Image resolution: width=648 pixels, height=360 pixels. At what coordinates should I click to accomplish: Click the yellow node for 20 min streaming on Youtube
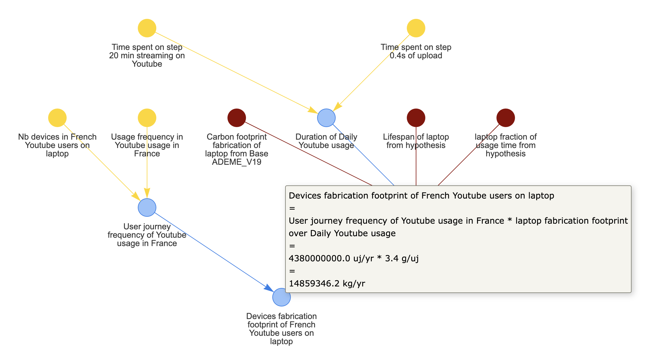pyautogui.click(x=147, y=28)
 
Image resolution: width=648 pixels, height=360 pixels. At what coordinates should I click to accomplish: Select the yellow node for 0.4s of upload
pyautogui.click(x=416, y=28)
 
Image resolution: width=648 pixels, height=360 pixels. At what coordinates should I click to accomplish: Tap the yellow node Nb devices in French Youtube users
pyautogui.click(x=57, y=118)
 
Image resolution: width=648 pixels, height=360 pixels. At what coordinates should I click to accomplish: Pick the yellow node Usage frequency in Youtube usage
pyautogui.click(x=147, y=118)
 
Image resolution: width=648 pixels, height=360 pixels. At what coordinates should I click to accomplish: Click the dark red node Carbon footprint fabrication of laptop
pyautogui.click(x=236, y=118)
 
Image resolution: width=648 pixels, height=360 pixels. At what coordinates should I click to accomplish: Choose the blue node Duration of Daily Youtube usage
pyautogui.click(x=326, y=118)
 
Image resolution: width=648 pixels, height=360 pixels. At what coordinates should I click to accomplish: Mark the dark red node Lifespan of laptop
pyautogui.click(x=416, y=118)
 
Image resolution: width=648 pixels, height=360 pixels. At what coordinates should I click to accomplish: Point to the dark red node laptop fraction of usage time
pyautogui.click(x=505, y=118)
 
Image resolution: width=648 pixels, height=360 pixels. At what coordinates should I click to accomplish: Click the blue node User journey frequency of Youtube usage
pyautogui.click(x=147, y=208)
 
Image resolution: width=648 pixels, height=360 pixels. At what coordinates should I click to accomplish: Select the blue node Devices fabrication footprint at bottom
pyautogui.click(x=281, y=297)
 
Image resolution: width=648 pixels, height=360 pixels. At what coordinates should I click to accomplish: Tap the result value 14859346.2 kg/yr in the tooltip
pyautogui.click(x=327, y=283)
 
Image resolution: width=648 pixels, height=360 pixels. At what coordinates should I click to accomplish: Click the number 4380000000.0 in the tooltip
pyautogui.click(x=319, y=258)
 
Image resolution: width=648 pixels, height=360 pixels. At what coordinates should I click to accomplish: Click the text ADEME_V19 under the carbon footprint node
pyautogui.click(x=236, y=162)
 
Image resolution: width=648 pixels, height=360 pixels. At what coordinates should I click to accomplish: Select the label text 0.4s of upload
pyautogui.click(x=416, y=56)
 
